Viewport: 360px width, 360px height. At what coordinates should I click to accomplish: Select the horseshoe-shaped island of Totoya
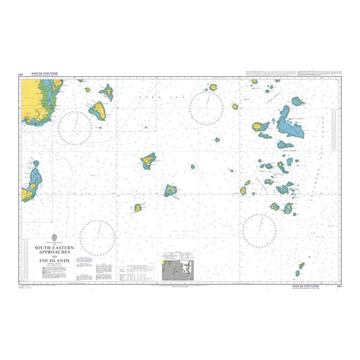coord(172,191)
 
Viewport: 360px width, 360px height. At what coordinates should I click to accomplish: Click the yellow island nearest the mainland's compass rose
coord(99,110)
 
